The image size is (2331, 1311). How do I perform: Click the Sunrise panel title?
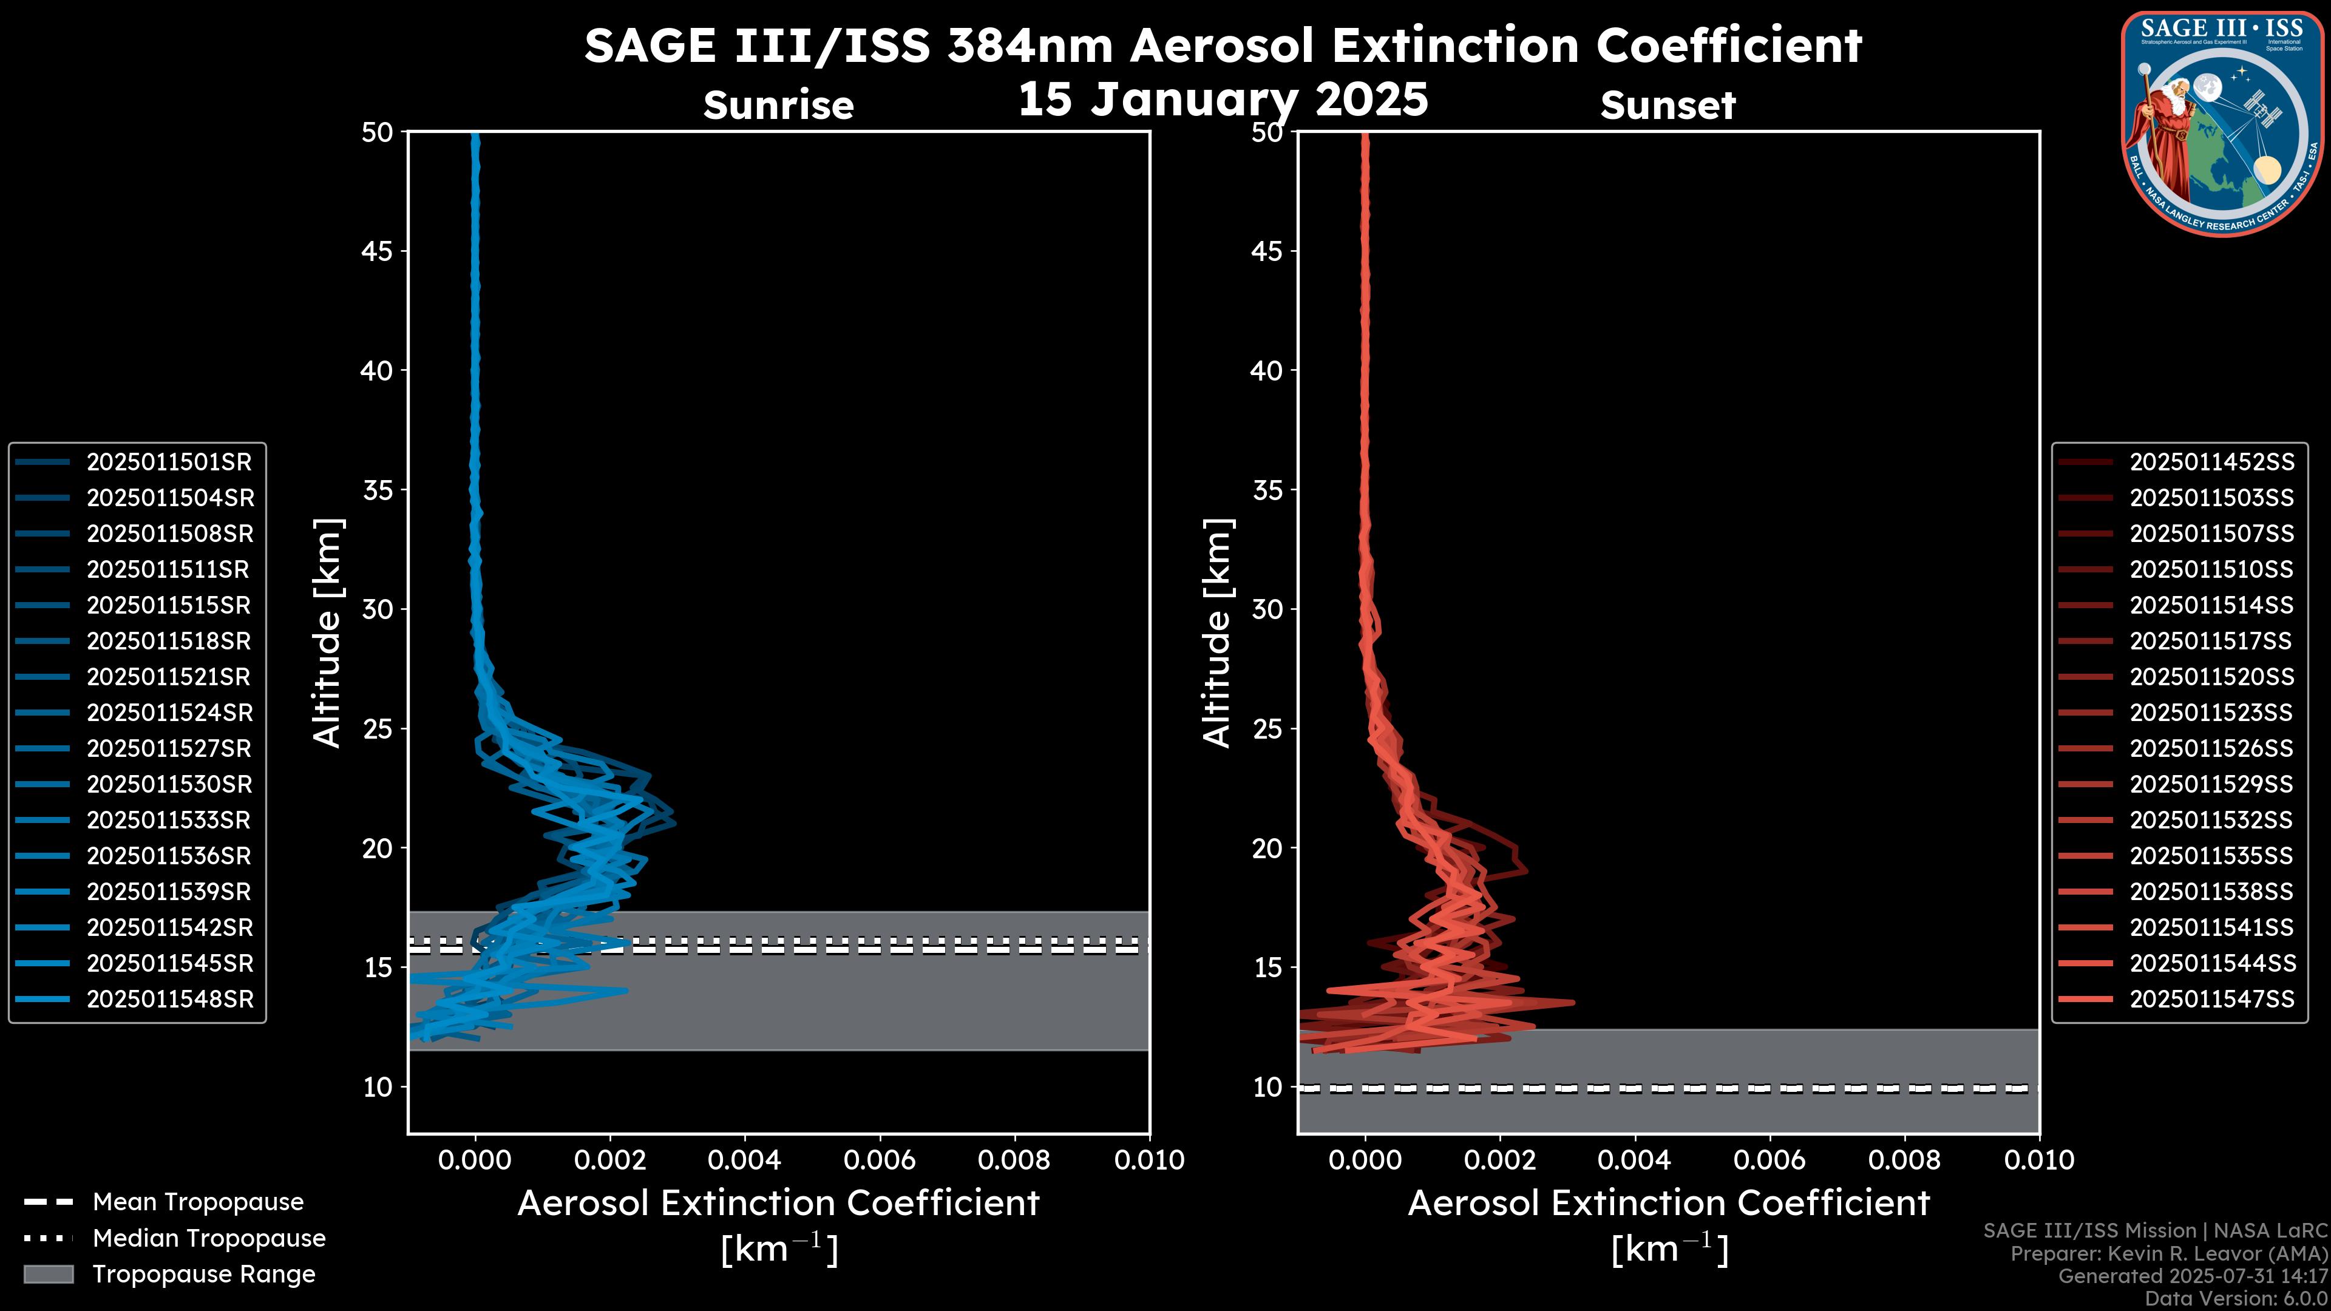click(x=778, y=106)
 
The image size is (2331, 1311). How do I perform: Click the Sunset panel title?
click(x=1668, y=106)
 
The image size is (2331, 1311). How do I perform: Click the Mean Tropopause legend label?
click(x=198, y=1202)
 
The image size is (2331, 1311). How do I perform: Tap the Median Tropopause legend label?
click(x=209, y=1239)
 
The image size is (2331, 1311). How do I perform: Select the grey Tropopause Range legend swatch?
click(x=49, y=1275)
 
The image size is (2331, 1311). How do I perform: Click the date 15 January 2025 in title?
click(x=1223, y=100)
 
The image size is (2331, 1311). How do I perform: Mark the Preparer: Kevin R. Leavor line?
click(x=2168, y=1254)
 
